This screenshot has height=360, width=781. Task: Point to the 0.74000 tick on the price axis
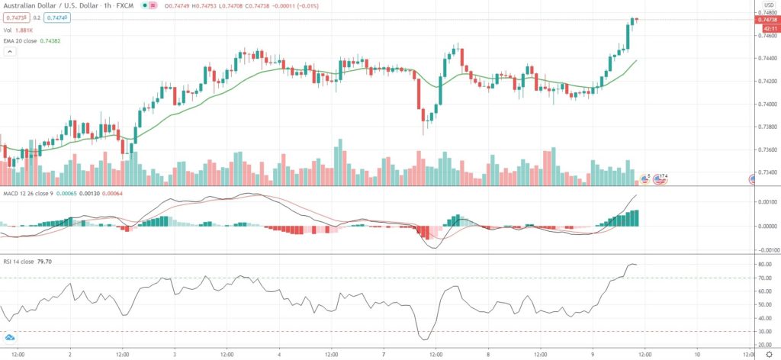765,104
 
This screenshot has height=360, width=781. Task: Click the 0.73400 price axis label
765,172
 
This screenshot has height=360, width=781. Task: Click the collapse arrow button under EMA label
10,51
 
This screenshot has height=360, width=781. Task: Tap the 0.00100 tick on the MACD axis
765,201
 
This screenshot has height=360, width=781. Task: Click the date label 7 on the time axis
384,354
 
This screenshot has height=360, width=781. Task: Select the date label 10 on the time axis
697,354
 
